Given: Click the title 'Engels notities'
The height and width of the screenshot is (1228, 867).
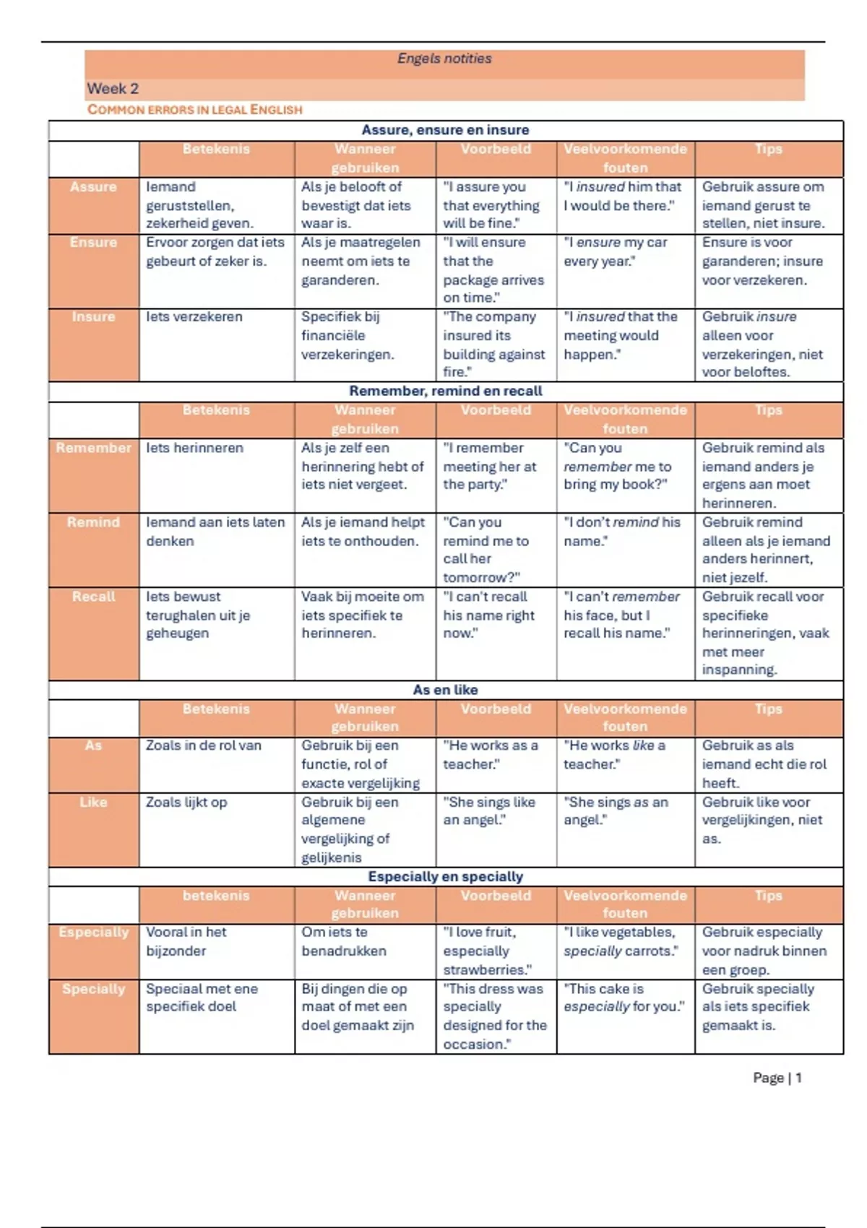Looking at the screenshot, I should point(444,59).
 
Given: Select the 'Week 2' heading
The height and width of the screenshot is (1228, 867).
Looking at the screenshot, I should point(113,89).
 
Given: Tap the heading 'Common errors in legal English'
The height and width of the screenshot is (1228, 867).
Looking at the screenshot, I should point(195,110).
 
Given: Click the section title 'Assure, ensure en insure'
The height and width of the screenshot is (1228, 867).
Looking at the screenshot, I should point(445,130).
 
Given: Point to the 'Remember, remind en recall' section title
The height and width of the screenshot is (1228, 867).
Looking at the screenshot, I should point(445,391).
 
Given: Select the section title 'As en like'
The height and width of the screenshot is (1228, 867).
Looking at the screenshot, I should point(445,690).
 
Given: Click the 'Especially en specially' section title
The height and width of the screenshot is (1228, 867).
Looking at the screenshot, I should point(445,876).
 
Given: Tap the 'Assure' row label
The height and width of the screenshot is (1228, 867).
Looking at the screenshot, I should point(93,187).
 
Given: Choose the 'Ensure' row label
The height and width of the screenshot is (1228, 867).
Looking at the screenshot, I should point(93,243).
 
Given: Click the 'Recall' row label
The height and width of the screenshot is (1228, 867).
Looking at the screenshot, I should point(93,597).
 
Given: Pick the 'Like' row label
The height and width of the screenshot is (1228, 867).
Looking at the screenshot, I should point(93,802).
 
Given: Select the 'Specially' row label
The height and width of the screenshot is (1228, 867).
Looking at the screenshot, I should point(93,989).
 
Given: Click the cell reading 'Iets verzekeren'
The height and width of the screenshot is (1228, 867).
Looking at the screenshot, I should point(194,317).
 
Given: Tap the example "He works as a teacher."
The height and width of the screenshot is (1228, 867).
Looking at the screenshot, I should point(491,755).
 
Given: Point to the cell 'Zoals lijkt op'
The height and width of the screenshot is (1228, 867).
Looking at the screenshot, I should point(186,803).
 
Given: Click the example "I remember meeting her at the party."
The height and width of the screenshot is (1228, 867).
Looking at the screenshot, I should point(490,467).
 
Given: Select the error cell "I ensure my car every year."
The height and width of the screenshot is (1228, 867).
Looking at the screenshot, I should point(616,251).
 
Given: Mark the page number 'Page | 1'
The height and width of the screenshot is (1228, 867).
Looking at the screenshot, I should point(777,1078).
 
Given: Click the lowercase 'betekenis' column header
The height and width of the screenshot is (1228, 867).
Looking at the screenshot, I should point(216,896).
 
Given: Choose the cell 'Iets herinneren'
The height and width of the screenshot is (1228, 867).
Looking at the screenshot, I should point(194,448).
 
